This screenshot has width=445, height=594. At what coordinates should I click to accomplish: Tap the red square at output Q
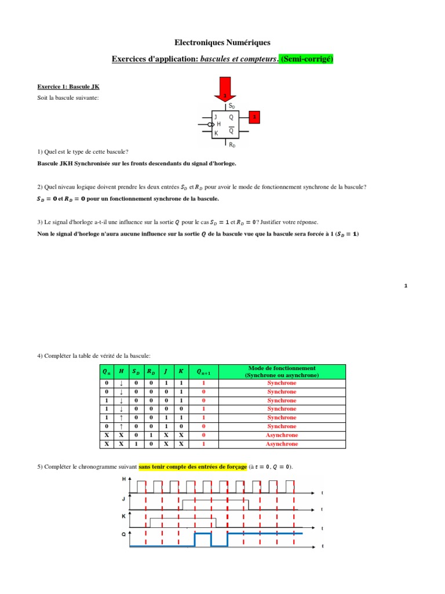tap(253, 117)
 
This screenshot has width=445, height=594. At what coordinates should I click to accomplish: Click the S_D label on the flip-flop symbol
tap(232, 106)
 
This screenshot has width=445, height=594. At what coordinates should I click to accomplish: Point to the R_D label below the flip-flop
tap(232, 144)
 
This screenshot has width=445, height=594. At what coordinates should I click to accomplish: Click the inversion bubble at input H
tap(210, 124)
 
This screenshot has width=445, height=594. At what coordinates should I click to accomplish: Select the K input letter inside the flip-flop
tap(216, 133)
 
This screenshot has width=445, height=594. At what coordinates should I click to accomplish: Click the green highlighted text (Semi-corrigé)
tap(306, 59)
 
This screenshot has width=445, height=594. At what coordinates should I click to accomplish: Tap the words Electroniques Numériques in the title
tap(222, 42)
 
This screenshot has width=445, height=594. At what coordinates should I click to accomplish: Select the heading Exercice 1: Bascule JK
tap(64, 86)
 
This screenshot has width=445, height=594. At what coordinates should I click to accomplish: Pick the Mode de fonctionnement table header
tap(282, 372)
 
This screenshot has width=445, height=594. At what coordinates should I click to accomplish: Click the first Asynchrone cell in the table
tap(282, 435)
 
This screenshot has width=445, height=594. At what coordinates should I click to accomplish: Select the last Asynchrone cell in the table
tap(282, 444)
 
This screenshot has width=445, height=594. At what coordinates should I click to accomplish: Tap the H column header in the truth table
tap(121, 372)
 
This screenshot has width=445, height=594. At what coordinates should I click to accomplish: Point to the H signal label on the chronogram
tap(123, 479)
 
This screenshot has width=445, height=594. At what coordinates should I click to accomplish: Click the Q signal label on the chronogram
tap(123, 534)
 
